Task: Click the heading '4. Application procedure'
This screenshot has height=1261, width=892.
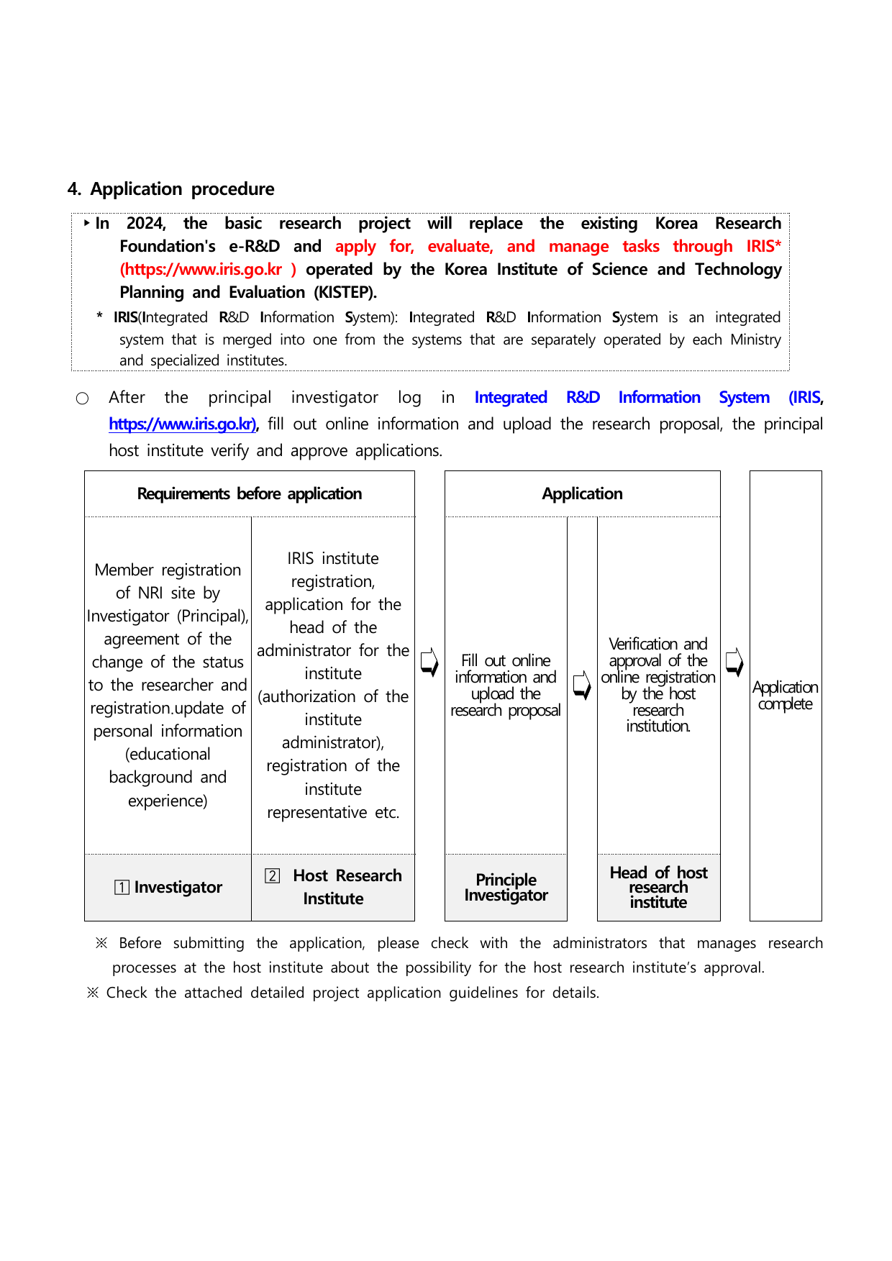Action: pos(170,189)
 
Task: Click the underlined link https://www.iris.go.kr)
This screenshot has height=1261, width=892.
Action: pos(183,424)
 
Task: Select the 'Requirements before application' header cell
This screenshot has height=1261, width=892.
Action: pos(249,494)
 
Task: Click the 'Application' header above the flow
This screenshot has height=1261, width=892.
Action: pos(582,494)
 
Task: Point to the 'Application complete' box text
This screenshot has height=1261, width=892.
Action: pos(785,696)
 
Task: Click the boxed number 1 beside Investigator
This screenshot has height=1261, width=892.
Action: pos(122,888)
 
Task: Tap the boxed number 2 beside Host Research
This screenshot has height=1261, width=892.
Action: pos(272,875)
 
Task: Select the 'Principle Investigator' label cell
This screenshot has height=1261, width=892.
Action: pos(506,888)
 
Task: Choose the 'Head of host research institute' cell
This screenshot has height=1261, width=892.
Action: pos(658,888)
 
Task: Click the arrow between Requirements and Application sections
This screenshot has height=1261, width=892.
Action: pos(429,662)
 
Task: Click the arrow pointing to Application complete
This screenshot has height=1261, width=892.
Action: pos(734,662)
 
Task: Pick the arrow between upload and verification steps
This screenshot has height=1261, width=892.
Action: pos(582,685)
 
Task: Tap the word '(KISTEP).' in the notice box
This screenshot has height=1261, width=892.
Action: pos(345,293)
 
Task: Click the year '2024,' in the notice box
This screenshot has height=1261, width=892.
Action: pos(146,224)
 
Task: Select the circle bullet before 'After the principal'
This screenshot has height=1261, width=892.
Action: pos(83,399)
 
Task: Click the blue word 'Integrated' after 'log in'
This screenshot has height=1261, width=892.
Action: pos(511,398)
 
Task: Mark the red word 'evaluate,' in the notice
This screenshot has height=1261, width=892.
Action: pos(460,247)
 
